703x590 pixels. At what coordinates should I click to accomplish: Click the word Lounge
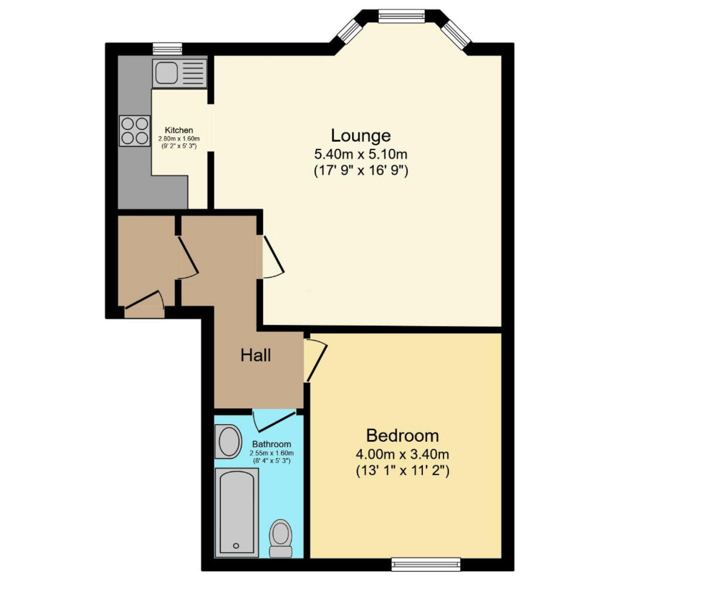(x=360, y=135)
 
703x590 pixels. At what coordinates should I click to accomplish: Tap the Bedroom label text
(x=402, y=435)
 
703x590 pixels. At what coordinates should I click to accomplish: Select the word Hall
(x=255, y=355)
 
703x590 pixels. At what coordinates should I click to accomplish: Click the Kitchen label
(x=179, y=130)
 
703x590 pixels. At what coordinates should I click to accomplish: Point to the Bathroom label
(x=271, y=445)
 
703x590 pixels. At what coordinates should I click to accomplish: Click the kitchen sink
(x=179, y=73)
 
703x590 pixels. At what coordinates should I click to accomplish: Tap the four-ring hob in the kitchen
(x=134, y=131)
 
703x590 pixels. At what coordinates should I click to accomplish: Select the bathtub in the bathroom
(x=237, y=512)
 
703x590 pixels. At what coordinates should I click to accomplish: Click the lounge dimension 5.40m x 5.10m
(x=360, y=155)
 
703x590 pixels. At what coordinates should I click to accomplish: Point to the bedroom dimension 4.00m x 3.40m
(x=402, y=454)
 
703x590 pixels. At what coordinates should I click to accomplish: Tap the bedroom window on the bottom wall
(x=426, y=564)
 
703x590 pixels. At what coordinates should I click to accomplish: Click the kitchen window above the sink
(x=167, y=49)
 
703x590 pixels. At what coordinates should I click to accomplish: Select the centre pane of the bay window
(x=401, y=16)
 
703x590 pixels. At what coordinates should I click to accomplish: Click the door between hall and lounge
(x=272, y=257)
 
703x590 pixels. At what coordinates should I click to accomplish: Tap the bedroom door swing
(x=315, y=360)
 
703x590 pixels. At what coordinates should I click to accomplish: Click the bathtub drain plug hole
(x=236, y=545)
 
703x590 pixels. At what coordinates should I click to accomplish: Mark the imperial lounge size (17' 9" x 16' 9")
(x=360, y=172)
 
